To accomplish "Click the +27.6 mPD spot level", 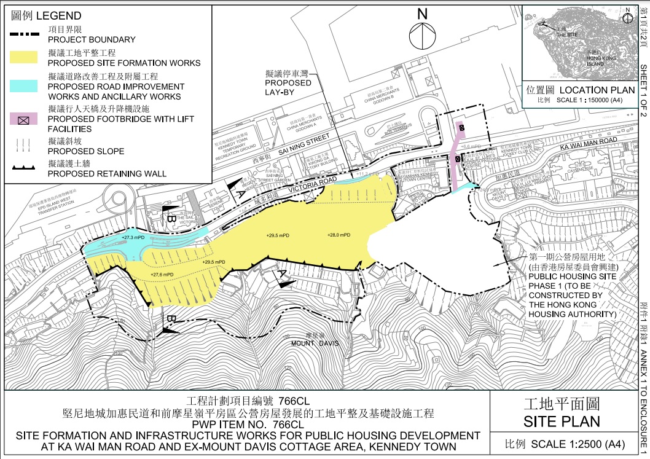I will (162, 275).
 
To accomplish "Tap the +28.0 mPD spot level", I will (339, 235).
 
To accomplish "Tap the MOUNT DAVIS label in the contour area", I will (315, 343).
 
